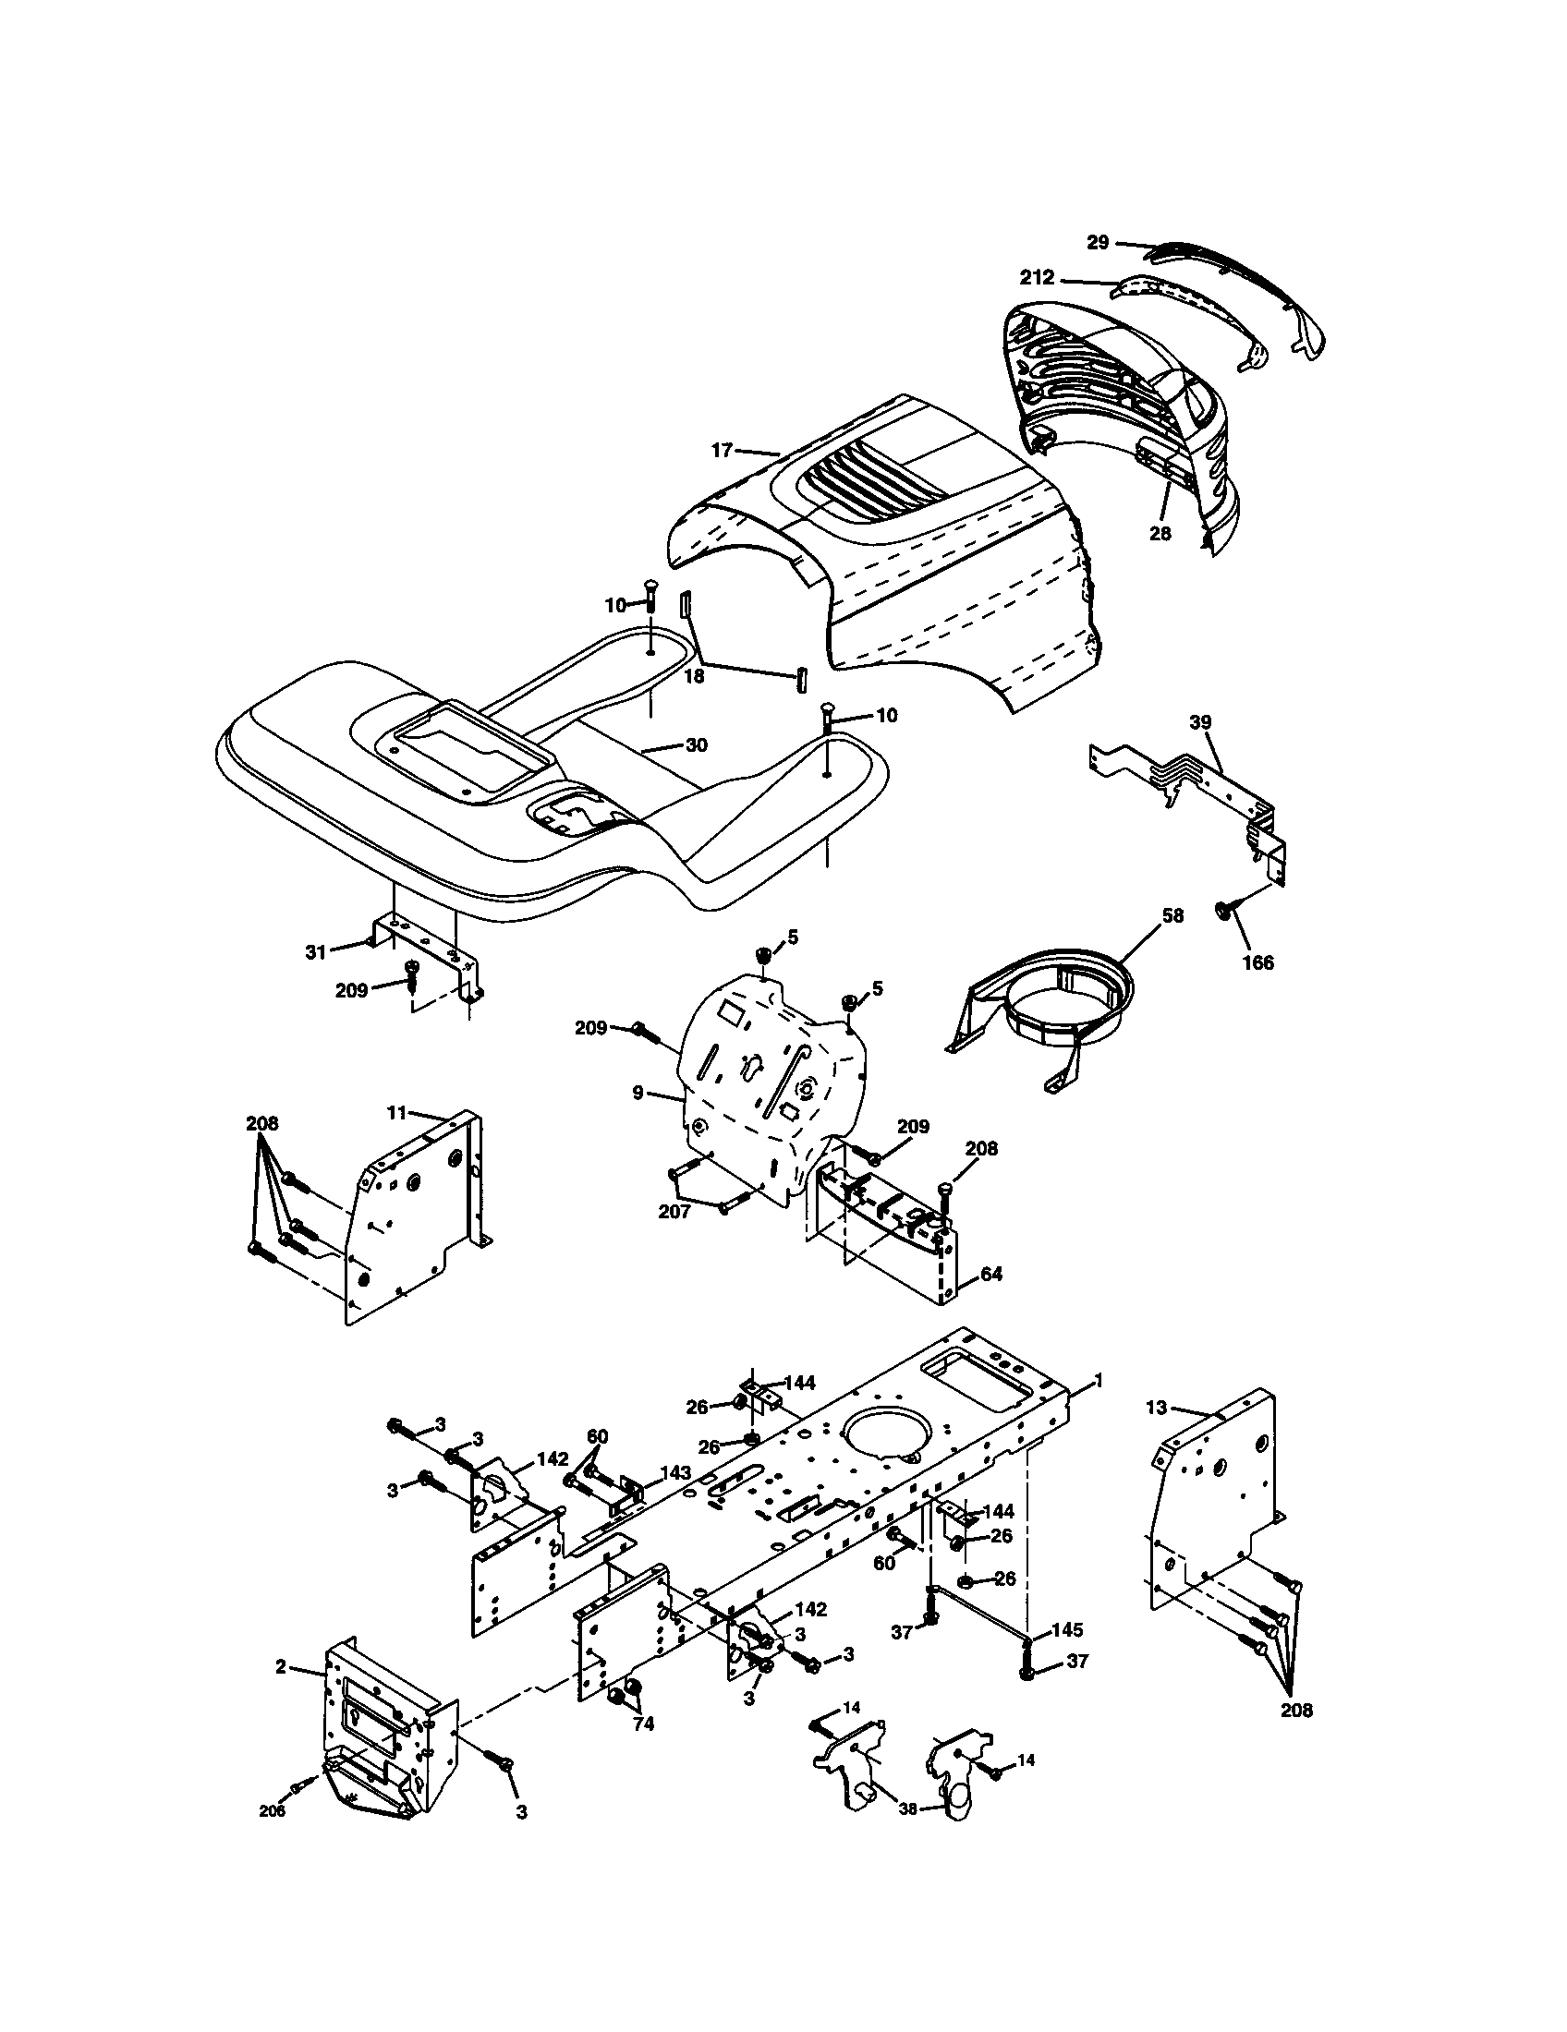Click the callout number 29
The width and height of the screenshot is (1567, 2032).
pos(1098,242)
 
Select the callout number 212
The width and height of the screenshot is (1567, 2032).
pos(1038,277)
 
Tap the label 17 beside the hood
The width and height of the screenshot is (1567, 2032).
pos(723,451)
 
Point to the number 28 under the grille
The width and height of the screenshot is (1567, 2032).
pos(1160,534)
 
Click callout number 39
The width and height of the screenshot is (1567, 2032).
pos(1200,722)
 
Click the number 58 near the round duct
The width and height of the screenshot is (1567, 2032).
pos(1172,915)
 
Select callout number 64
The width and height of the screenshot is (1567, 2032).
pos(992,1274)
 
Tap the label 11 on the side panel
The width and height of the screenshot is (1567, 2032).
pos(397,1111)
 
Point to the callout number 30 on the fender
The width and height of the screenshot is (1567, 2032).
pos(696,744)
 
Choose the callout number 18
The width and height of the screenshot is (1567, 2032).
pos(694,676)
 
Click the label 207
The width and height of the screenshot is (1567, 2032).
pos(674,1212)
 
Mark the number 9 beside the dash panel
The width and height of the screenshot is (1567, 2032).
pos(638,1093)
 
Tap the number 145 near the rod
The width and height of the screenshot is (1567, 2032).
pos(1067,1630)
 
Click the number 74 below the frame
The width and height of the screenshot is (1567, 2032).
pos(643,1724)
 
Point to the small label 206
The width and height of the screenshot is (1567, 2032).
pos(272,1810)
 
